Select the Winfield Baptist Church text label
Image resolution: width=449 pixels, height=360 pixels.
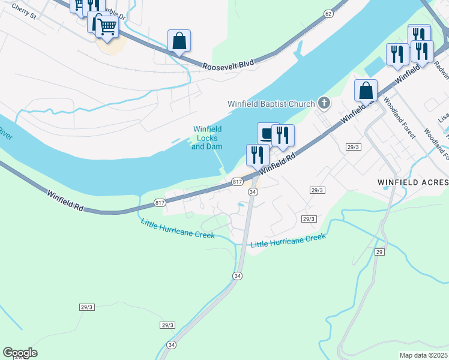point(271,104)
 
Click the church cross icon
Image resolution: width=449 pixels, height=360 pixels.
point(324,103)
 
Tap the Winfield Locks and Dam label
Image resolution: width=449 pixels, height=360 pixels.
point(207,137)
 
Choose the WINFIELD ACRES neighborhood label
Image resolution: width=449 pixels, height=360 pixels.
point(413,182)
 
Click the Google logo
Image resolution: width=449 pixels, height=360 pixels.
point(20,353)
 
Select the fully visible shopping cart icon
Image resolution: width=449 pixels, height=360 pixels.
point(107,26)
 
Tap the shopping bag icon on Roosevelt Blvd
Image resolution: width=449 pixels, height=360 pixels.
point(179,41)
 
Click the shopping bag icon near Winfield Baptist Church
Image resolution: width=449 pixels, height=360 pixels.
point(366,91)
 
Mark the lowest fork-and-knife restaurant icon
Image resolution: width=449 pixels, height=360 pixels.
point(258,155)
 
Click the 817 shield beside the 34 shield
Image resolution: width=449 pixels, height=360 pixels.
point(237,182)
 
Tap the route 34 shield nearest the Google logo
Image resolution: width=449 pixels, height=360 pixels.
point(172,345)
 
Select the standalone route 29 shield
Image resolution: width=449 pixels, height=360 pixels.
point(379,252)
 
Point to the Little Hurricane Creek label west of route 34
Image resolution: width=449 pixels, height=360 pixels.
point(178,229)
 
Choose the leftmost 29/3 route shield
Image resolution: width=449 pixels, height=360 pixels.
point(86,307)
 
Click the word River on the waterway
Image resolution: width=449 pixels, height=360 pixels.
point(5,132)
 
